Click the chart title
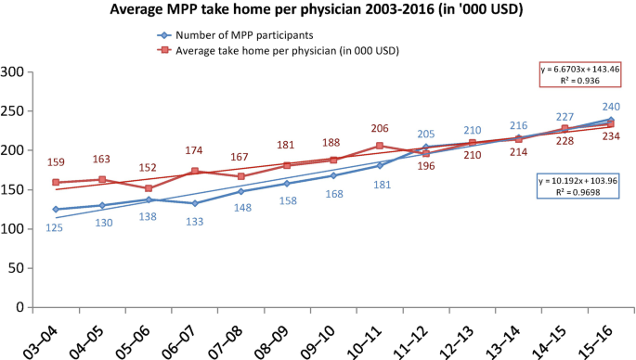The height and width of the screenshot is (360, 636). [317, 9]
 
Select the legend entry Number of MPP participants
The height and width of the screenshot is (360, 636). [235, 35]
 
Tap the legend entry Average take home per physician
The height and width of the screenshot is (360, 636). [279, 51]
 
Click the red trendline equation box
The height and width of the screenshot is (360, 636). [580, 74]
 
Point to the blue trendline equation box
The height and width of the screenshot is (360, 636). [578, 186]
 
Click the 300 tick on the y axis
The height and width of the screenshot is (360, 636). [12, 72]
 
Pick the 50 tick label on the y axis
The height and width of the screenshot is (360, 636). [16, 268]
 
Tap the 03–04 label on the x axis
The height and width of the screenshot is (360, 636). [41, 342]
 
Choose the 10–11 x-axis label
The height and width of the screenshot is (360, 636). [364, 342]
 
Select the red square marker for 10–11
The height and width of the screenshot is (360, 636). [380, 146]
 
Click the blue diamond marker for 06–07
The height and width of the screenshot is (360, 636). [195, 203]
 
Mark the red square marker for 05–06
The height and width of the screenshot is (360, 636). [149, 188]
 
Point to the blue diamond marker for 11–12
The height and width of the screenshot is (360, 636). [426, 147]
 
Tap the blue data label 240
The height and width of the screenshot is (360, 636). [611, 107]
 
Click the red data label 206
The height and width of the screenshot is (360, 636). [380, 129]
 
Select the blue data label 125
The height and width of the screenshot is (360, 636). [55, 228]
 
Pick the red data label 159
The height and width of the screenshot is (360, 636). [56, 162]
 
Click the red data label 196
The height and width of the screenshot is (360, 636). [426, 166]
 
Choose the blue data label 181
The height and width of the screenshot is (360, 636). [383, 185]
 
